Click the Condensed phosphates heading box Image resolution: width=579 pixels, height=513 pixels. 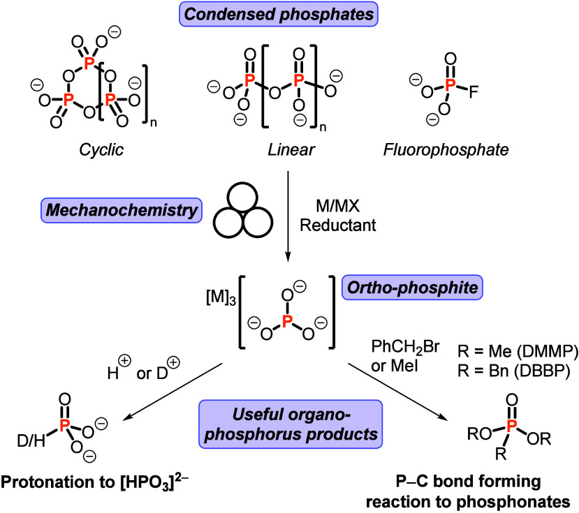pos(279,14)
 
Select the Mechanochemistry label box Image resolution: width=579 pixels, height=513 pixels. pos(122,210)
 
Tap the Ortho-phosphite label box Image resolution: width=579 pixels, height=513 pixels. pos(412,287)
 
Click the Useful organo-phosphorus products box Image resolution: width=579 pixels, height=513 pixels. pos(291,424)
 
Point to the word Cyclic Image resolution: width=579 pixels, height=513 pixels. pos(101,150)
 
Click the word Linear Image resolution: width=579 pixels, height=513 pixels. pos(291,150)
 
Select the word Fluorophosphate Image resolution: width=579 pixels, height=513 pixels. pos(446,150)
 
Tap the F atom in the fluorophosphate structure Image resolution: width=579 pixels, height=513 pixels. pos(474,92)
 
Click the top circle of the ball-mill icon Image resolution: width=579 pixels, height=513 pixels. pos(242,197)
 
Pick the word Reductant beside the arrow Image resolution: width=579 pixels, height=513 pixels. pos(338,225)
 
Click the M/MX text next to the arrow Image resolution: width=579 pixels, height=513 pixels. pos(337,206)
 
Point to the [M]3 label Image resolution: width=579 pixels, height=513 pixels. pos(221,298)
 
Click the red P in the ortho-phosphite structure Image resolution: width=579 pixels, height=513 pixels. pos(287,322)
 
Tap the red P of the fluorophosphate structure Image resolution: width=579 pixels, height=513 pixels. pos(449,85)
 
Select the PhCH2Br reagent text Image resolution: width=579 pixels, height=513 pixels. pos(405,348)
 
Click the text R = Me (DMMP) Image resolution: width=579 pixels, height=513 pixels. pos(518,351)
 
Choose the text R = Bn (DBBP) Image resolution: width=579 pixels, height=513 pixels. pos(513,371)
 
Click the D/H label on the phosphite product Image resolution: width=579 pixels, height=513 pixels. pos(31,440)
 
